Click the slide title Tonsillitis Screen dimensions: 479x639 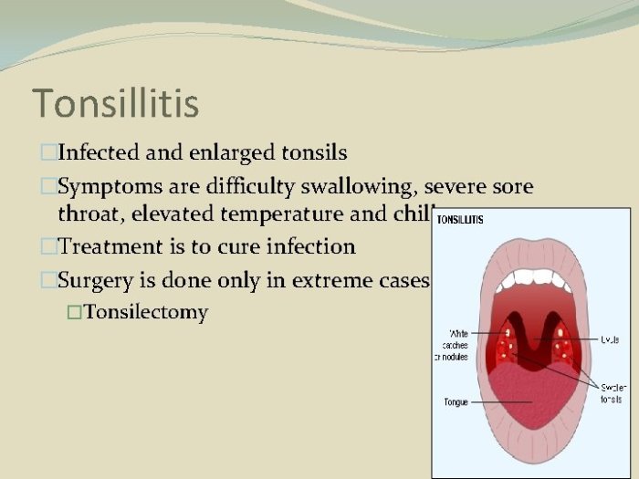115,103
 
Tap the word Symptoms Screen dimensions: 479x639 109,187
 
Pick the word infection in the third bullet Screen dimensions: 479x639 309,246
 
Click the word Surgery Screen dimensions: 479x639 94,280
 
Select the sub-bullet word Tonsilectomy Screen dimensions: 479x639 146,312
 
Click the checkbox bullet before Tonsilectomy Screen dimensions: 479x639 74,313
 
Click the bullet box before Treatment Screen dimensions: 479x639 48,246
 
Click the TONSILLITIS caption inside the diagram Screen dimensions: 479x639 460,220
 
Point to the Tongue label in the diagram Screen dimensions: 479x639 456,401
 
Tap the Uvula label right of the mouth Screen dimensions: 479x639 608,338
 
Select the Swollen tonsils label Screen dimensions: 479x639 611,392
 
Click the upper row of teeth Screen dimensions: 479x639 531,279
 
